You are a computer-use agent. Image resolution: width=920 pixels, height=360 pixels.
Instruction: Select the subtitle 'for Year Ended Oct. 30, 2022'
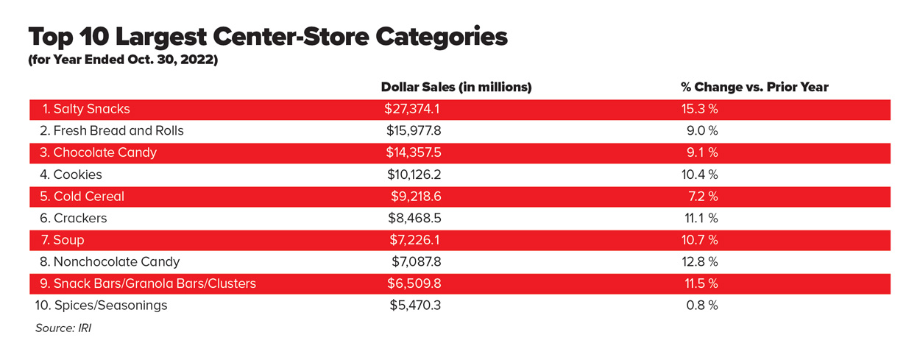[x=123, y=60]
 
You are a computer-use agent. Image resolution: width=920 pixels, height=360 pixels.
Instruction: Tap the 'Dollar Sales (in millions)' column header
[x=456, y=87]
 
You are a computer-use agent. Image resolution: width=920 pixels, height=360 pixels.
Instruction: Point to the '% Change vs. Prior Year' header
[x=754, y=87]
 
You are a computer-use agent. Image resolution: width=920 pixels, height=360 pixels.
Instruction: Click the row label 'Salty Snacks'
[x=86, y=109]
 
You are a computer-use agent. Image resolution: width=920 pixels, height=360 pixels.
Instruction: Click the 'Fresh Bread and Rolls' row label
[x=111, y=131]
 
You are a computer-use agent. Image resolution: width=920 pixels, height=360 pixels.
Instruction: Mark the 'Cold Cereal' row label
[x=82, y=197]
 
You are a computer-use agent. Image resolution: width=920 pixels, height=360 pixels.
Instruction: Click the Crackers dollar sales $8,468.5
[x=414, y=218]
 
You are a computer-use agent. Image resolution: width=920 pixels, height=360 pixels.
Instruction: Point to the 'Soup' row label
[x=63, y=240]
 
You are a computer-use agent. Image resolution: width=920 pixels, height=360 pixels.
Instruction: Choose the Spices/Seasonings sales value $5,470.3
[x=415, y=305]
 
